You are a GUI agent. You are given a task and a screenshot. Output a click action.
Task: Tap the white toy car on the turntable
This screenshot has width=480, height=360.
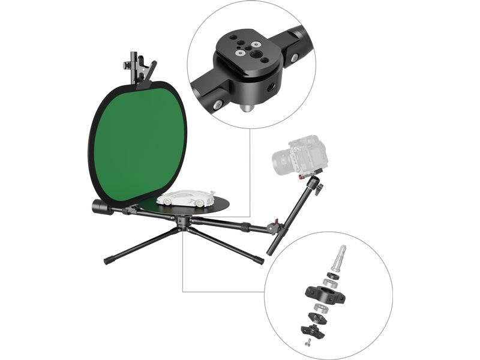[186, 198]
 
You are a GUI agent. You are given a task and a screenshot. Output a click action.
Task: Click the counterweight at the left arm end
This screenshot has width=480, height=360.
[100, 207]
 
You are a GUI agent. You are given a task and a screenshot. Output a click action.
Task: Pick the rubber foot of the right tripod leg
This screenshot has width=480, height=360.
[259, 261]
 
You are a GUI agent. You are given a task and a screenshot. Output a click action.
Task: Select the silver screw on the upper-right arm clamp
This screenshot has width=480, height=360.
[295, 58]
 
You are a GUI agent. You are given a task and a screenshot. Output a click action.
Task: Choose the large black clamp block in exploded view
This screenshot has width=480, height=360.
[323, 293]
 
